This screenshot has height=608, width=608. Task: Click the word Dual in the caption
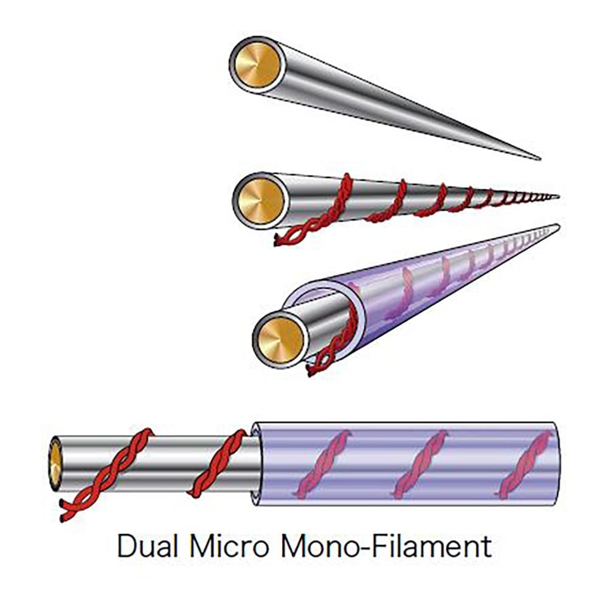pyautogui.click(x=148, y=547)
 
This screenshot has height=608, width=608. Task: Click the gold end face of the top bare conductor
pyautogui.click(x=257, y=64)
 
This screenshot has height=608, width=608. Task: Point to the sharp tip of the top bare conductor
pyautogui.click(x=538, y=159)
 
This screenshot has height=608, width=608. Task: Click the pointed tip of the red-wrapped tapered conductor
pyautogui.click(x=556, y=196)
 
